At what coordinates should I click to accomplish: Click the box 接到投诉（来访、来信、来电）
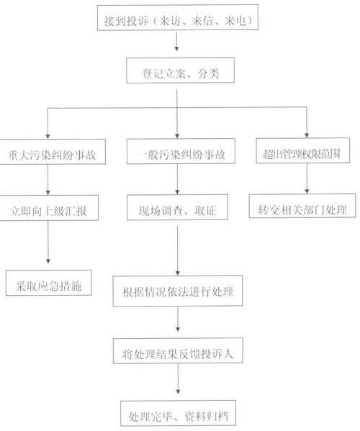coord(178,17)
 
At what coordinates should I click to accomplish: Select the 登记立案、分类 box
coord(181,70)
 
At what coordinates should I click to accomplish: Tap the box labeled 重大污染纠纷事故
coord(53,152)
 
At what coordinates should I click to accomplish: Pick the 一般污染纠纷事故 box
coord(181,151)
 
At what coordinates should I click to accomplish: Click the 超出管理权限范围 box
coord(303,150)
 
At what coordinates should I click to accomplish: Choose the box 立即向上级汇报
coord(49,208)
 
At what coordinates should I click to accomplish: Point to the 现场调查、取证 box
coord(177,207)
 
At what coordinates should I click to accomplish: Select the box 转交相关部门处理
coord(302,206)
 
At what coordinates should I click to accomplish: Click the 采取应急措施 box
coord(49,283)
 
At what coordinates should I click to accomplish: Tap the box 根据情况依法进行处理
coord(178,291)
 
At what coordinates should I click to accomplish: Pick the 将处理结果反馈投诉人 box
coord(179,350)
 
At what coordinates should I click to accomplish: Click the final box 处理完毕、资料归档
coord(179,413)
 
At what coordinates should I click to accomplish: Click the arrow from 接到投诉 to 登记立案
coord(176,42)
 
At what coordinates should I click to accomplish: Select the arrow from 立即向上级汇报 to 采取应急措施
coord(48,242)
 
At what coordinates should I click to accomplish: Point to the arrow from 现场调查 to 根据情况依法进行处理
coord(177,250)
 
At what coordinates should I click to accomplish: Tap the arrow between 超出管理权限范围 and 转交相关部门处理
coord(307,178)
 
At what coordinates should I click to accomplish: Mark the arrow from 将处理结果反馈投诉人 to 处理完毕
coord(178,378)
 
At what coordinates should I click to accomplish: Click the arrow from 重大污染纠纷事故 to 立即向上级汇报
coord(48,180)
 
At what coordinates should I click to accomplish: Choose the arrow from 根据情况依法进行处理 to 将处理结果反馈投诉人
coord(178,319)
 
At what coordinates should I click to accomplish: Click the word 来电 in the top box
coord(235,21)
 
